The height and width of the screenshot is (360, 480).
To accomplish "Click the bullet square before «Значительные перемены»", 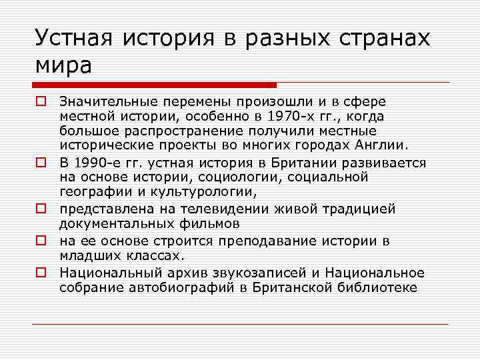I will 40,102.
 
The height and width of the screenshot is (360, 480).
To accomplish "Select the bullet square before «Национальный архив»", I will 40,273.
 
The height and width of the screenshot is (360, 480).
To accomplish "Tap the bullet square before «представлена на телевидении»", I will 40,209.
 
